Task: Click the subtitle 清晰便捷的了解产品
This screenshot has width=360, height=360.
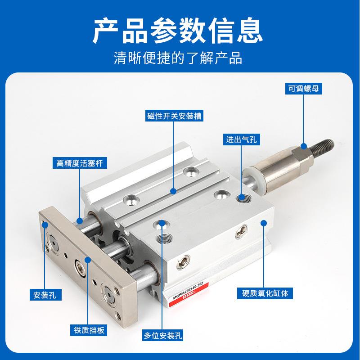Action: [180, 58]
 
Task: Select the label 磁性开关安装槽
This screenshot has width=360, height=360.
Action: [174, 116]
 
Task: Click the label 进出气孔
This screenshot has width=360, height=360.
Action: [241, 139]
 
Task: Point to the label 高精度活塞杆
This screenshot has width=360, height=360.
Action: [80, 163]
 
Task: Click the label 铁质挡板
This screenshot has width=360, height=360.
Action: [87, 331]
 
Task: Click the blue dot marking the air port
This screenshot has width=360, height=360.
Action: [242, 197]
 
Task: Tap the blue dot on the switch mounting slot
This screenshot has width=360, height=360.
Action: [174, 191]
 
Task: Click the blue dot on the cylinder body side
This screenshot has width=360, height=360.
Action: [265, 222]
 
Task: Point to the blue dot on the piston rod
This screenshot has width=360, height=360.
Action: [80, 220]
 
